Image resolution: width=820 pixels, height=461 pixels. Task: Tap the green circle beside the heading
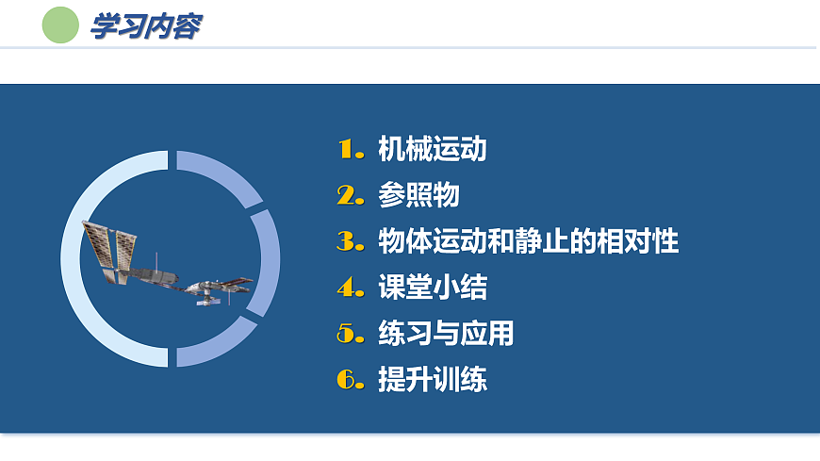point(61,25)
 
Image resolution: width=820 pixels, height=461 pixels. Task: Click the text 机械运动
point(432,149)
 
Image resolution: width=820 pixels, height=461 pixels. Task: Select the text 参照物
point(418,195)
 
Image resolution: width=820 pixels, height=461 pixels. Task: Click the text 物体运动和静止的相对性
point(528,241)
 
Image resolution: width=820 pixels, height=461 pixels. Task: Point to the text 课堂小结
point(432,288)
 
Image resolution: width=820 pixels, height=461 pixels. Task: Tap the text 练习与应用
point(446,334)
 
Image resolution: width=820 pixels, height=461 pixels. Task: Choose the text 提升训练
point(432,380)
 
